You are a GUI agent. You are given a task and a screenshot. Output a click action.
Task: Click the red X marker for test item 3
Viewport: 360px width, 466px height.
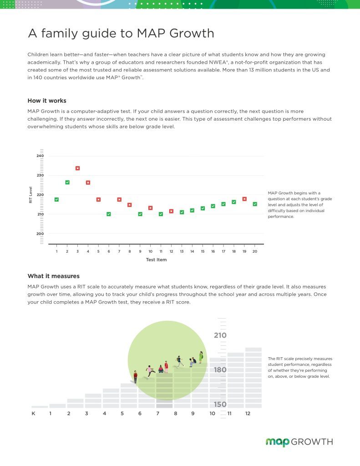(x=77, y=168)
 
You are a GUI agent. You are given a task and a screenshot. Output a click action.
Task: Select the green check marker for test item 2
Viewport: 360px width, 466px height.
(x=67, y=182)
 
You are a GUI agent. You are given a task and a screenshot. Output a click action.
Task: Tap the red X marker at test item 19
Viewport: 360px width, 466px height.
(x=244, y=199)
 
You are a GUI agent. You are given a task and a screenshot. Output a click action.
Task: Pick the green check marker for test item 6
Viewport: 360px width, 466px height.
(x=109, y=214)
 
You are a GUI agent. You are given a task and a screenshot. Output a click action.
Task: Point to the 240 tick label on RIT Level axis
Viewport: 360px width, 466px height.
(x=40, y=156)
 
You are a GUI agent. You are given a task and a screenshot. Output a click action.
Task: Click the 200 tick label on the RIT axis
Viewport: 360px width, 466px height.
(x=40, y=233)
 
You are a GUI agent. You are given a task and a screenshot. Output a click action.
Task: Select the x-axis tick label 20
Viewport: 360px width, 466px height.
(x=255, y=251)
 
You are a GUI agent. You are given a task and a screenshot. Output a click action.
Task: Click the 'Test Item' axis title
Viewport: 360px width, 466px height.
(x=157, y=260)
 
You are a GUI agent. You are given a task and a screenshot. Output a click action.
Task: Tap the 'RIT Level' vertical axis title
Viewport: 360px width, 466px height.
(x=30, y=195)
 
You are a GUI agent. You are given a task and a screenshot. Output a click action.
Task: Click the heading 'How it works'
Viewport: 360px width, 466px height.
(x=47, y=101)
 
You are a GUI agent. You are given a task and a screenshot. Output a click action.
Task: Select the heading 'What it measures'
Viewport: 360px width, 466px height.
(x=54, y=276)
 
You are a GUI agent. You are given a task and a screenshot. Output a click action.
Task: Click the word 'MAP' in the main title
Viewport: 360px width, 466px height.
(x=151, y=33)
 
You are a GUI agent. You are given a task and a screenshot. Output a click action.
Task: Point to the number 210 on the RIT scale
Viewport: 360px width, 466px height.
(x=220, y=335)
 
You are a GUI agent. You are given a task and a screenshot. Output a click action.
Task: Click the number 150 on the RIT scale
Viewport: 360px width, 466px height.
(x=220, y=404)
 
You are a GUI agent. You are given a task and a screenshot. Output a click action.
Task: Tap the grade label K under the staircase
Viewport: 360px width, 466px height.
(x=33, y=413)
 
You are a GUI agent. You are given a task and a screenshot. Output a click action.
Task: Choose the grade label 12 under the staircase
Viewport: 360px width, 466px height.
(x=248, y=413)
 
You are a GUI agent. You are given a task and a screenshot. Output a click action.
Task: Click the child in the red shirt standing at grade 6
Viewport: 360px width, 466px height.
(x=136, y=376)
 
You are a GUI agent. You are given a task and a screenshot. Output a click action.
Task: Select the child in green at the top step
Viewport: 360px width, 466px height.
(x=201, y=357)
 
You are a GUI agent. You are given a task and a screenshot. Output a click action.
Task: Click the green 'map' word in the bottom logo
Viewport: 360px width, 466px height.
(x=277, y=442)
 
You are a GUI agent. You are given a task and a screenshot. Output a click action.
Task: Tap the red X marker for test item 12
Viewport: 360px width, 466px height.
(x=171, y=211)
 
